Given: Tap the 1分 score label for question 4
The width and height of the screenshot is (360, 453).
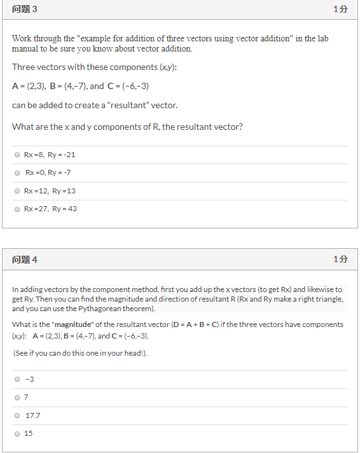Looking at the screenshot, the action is click(340, 260).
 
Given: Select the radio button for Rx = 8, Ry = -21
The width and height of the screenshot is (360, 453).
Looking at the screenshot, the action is click(17, 155).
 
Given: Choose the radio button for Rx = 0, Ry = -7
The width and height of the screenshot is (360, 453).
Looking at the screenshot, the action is click(17, 172).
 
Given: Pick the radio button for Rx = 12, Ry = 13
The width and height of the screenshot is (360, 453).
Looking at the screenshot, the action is click(17, 191).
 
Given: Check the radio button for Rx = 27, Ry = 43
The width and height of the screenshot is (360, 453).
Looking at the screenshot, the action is click(17, 209).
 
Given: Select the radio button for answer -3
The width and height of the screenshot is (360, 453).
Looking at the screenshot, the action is click(17, 379).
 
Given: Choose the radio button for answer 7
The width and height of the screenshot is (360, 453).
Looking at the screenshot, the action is click(17, 397).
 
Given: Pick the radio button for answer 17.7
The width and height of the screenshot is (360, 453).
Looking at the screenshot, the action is click(17, 415).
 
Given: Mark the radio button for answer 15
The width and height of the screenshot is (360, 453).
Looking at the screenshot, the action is click(17, 433).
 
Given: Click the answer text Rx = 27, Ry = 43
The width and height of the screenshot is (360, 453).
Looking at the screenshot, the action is click(50, 209).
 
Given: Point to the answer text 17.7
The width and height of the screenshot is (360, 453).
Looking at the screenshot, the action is click(32, 415).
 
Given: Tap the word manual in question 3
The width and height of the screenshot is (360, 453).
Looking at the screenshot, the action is click(25, 49).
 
